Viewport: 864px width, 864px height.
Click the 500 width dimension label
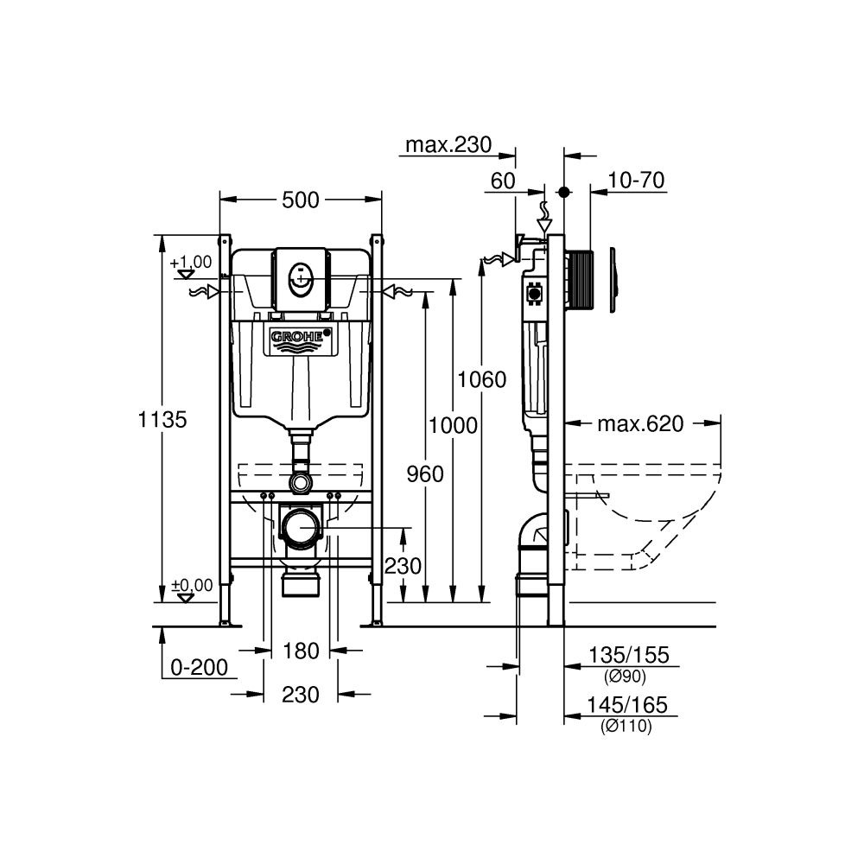pos(302,200)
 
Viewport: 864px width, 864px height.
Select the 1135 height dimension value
pos(162,420)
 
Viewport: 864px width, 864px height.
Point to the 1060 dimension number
pos(482,378)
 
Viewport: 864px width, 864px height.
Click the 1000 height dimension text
pos(453,424)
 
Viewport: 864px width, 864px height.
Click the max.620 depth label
pos(640,423)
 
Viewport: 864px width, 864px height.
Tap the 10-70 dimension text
pos(635,181)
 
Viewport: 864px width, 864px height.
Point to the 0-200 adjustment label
pos(199,667)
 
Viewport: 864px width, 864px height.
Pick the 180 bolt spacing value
pos(302,651)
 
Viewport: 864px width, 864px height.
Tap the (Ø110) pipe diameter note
pos(626,727)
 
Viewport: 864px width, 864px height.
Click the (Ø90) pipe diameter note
pos(626,677)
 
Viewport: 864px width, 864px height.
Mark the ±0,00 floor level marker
pos(192,586)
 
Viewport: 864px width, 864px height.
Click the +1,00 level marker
pos(191,262)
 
